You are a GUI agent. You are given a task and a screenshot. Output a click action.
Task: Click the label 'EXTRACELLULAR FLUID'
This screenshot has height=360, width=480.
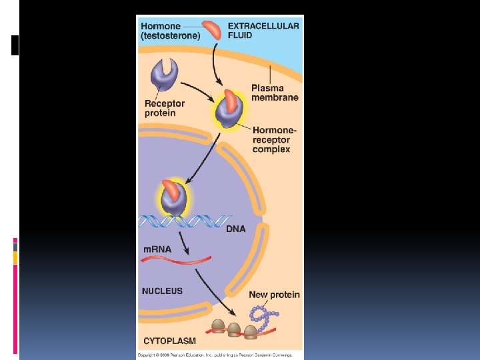point(263,30)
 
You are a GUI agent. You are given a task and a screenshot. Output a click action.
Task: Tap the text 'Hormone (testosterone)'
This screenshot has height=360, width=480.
point(171,30)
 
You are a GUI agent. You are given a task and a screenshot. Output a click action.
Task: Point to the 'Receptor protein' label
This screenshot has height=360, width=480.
point(165,108)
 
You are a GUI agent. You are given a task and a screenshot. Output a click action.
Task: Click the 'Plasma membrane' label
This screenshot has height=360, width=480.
point(275,92)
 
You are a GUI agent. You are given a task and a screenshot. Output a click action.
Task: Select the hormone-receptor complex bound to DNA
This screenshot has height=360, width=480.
point(173,198)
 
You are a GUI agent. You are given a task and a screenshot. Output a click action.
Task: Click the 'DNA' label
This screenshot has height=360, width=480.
point(235,229)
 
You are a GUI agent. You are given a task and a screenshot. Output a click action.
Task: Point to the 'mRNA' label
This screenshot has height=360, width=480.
point(157,249)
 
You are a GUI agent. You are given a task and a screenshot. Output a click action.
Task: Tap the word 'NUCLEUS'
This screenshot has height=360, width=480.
point(162,291)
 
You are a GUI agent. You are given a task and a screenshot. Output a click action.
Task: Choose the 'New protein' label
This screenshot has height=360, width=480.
point(274,295)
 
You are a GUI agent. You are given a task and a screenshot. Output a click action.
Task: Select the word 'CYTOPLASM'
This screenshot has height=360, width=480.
point(169,341)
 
